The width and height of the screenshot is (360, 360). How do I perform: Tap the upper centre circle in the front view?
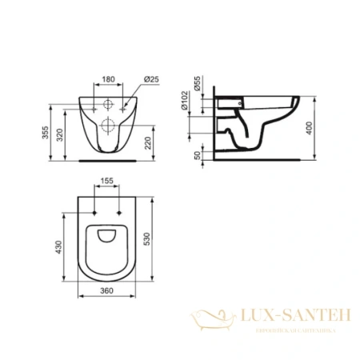(107, 104)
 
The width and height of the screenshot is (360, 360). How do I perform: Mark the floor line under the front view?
(107, 159)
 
